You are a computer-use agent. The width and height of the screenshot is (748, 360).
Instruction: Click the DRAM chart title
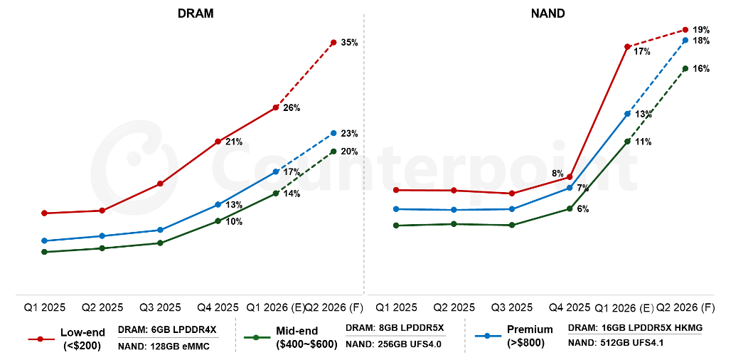click(x=196, y=14)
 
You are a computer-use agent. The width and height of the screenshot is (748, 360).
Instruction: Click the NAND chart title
click(x=547, y=14)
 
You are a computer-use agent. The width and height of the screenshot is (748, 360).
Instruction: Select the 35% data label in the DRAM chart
click(x=349, y=43)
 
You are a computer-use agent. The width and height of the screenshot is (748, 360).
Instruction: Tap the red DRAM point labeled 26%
click(x=276, y=107)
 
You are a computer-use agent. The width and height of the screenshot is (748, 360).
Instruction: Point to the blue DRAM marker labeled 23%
click(x=333, y=133)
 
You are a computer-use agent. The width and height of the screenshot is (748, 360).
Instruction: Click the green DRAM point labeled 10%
click(x=218, y=221)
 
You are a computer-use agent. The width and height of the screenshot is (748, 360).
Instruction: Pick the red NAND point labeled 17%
click(x=627, y=47)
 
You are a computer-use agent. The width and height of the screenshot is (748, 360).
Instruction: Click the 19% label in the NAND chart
click(x=700, y=30)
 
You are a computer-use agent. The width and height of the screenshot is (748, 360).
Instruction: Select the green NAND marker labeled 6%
click(x=570, y=208)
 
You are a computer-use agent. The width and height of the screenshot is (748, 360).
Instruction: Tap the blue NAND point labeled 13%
click(x=627, y=114)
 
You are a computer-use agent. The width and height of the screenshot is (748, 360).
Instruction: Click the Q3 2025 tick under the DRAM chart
click(x=160, y=308)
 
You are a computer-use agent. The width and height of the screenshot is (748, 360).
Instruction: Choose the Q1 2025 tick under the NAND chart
click(x=396, y=308)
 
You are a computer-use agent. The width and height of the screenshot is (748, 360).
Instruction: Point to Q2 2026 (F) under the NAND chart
click(x=685, y=308)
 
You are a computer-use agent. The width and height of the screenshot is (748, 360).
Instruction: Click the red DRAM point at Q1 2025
click(x=44, y=213)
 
